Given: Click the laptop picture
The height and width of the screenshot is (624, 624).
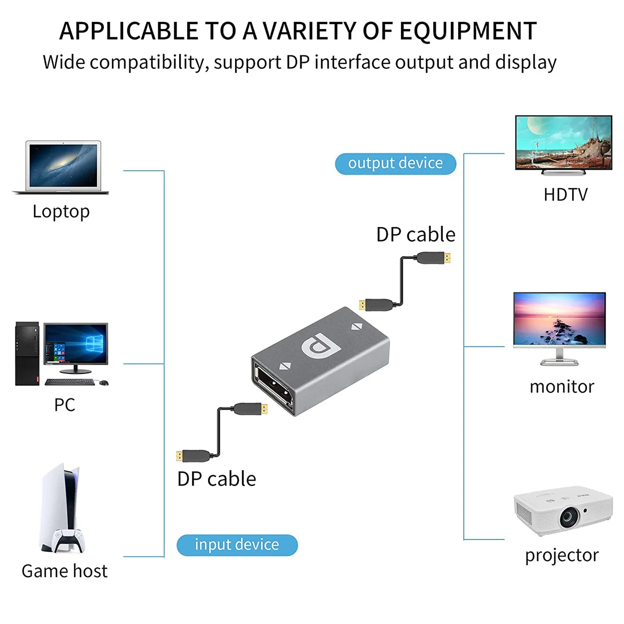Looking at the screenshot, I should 62,166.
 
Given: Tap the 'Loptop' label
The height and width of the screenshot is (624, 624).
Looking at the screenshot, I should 61,212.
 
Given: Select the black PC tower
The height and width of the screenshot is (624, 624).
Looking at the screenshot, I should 27,353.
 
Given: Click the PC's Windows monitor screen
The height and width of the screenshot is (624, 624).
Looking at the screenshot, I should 75,344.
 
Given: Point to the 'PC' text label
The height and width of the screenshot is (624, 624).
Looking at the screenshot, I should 64,405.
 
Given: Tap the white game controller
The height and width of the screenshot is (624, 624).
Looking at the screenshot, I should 68,541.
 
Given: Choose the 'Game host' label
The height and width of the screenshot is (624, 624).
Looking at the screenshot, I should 64,571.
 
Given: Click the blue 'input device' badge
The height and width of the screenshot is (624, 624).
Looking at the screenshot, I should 237,545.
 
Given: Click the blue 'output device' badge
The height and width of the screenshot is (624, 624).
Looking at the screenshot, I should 395,163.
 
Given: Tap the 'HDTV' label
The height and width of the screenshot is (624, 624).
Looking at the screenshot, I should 566,195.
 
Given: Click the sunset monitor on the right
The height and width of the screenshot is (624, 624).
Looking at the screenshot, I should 559,319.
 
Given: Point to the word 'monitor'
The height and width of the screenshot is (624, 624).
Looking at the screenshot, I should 562,387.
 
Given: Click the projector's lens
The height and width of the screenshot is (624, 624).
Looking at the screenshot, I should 569,517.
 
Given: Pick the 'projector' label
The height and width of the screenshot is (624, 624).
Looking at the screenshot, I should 562,555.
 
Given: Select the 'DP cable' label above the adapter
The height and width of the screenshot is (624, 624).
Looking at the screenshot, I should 416,235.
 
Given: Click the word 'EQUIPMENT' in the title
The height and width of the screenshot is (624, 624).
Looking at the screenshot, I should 468,31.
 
